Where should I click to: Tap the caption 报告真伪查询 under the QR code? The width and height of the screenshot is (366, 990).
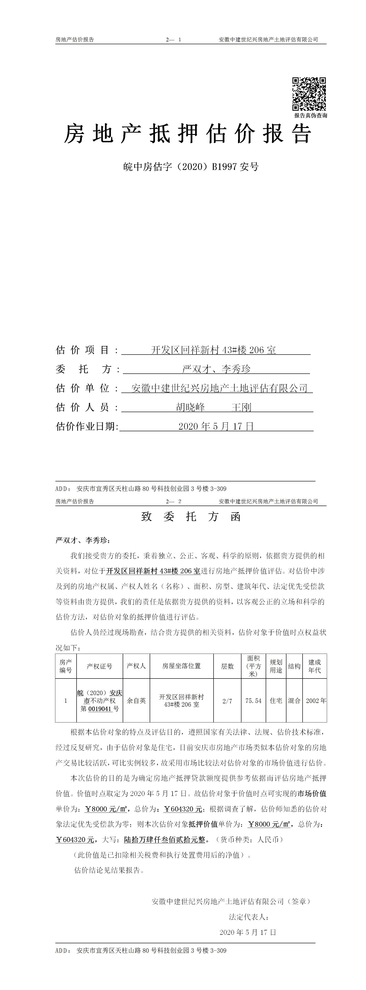point(311,115)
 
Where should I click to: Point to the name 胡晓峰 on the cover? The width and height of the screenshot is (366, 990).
point(190,407)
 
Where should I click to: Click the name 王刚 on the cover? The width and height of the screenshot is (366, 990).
point(241,407)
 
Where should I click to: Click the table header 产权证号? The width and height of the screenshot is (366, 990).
point(99,666)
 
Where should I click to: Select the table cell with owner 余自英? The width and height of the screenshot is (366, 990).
point(136,701)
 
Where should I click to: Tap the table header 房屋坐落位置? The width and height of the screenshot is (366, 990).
point(181,666)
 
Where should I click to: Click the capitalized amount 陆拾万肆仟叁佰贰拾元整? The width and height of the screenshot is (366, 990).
point(164,840)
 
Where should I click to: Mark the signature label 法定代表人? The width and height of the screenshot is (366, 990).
point(248,917)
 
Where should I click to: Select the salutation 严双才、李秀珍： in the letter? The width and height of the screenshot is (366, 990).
point(83,540)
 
